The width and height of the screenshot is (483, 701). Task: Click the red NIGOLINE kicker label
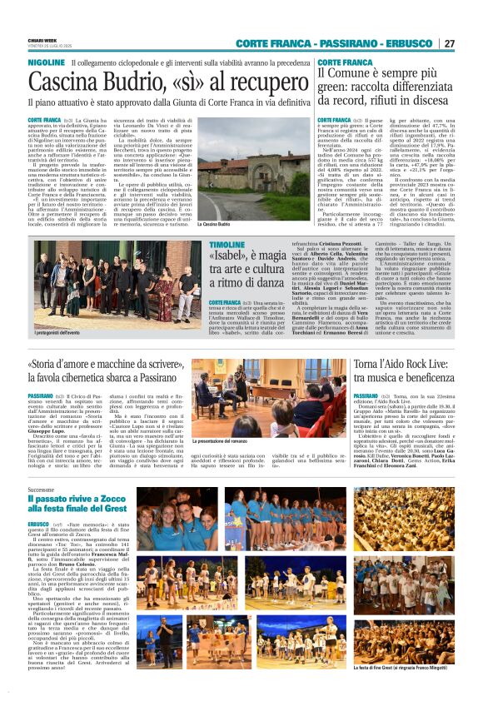point(47,62)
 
